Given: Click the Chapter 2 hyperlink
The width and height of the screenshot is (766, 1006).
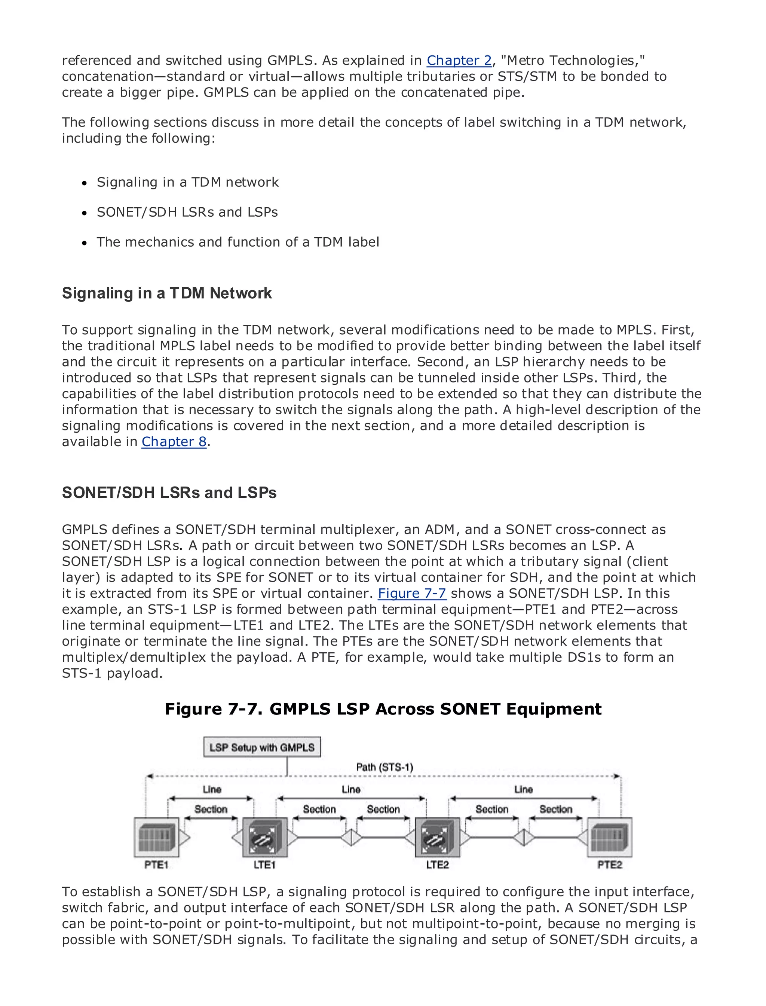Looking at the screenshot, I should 459,61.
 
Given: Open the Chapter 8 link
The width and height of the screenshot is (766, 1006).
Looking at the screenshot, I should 174,442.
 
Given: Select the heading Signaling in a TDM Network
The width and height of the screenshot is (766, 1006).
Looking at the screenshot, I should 166,293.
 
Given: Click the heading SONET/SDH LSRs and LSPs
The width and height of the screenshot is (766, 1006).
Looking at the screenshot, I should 169,493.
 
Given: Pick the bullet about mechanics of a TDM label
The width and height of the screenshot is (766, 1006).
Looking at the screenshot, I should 238,242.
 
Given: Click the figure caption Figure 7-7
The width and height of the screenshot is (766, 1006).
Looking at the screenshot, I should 383,709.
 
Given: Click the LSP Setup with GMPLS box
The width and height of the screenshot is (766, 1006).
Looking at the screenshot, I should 262,747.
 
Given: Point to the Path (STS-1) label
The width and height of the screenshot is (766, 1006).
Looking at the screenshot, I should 384,767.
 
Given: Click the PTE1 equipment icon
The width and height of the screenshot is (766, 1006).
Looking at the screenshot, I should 156,837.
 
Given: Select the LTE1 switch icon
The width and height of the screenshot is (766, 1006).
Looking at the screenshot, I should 265,837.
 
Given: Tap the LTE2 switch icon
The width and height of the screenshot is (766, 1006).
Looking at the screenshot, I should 437,837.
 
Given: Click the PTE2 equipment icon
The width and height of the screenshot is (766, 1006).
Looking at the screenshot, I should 610,837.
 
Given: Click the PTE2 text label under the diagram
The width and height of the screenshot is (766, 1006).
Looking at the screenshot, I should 610,865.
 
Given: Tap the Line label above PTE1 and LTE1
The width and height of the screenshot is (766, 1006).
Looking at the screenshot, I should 212,789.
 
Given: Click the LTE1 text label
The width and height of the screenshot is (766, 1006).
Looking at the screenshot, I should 264,865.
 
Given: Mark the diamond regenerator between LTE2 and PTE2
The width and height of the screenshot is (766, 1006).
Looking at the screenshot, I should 523,838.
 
